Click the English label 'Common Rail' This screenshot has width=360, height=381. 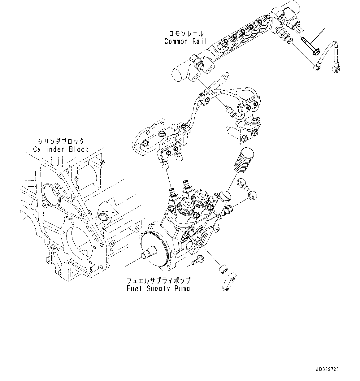185,41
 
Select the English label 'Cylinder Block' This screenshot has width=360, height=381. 61,149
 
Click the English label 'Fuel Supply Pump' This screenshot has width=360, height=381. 158,288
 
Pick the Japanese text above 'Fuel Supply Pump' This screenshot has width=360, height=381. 158,281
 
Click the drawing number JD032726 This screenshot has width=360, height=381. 327,369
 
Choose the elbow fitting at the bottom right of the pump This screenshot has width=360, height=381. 228,281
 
